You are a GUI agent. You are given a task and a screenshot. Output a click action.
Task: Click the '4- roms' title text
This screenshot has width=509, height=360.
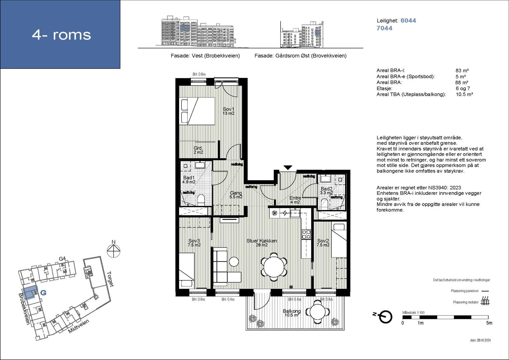coord(61,35)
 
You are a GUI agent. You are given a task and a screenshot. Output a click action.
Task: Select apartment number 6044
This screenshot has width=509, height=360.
coord(408,20)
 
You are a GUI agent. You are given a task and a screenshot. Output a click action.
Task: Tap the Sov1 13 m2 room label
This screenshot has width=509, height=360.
coord(228,111)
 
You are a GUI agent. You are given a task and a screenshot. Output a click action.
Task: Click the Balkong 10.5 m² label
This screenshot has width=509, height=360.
coord(292,313)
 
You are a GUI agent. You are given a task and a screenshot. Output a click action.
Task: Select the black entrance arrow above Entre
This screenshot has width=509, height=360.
coord(288,168)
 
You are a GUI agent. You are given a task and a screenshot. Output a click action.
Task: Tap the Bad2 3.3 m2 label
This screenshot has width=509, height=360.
coord(326,191)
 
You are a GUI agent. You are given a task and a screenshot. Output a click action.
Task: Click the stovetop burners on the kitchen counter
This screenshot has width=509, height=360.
coord(306,234)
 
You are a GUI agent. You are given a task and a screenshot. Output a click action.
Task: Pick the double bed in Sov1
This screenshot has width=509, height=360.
coord(197,111)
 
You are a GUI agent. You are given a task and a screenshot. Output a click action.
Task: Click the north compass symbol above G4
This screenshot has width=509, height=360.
coord(113,250)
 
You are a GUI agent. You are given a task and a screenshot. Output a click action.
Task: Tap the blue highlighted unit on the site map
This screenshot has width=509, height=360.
coord(30,292)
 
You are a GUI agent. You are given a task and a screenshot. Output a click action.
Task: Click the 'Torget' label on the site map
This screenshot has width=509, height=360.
coord(110,279)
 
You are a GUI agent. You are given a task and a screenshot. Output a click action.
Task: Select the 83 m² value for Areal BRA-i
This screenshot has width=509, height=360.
coord(462,70)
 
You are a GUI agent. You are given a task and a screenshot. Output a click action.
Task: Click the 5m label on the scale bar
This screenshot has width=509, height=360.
coord(489,323)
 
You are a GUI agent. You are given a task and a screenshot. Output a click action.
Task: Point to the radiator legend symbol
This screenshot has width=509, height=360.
coord(485,301)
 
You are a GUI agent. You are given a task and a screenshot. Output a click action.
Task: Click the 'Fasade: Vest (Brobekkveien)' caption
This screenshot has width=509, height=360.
coord(205,56)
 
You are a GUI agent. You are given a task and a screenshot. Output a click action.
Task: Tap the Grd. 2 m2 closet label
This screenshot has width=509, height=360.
coord(198,150)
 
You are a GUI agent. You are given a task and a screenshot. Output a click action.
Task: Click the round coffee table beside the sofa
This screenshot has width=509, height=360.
coord(234,262)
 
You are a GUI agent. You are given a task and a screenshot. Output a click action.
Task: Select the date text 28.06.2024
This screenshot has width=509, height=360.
coord(480,340)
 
